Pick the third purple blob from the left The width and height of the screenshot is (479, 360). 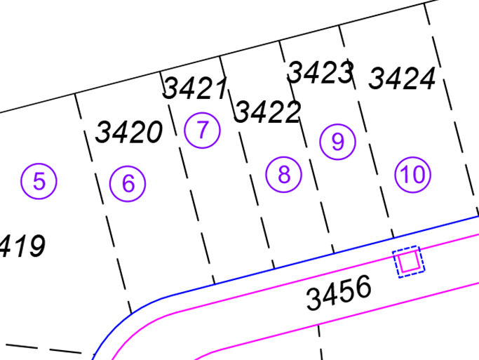coord(205,136)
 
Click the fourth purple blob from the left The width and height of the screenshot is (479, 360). coord(282,178)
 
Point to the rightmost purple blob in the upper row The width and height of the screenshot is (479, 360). coord(417,168)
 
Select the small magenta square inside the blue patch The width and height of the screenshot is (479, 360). coord(409,262)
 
